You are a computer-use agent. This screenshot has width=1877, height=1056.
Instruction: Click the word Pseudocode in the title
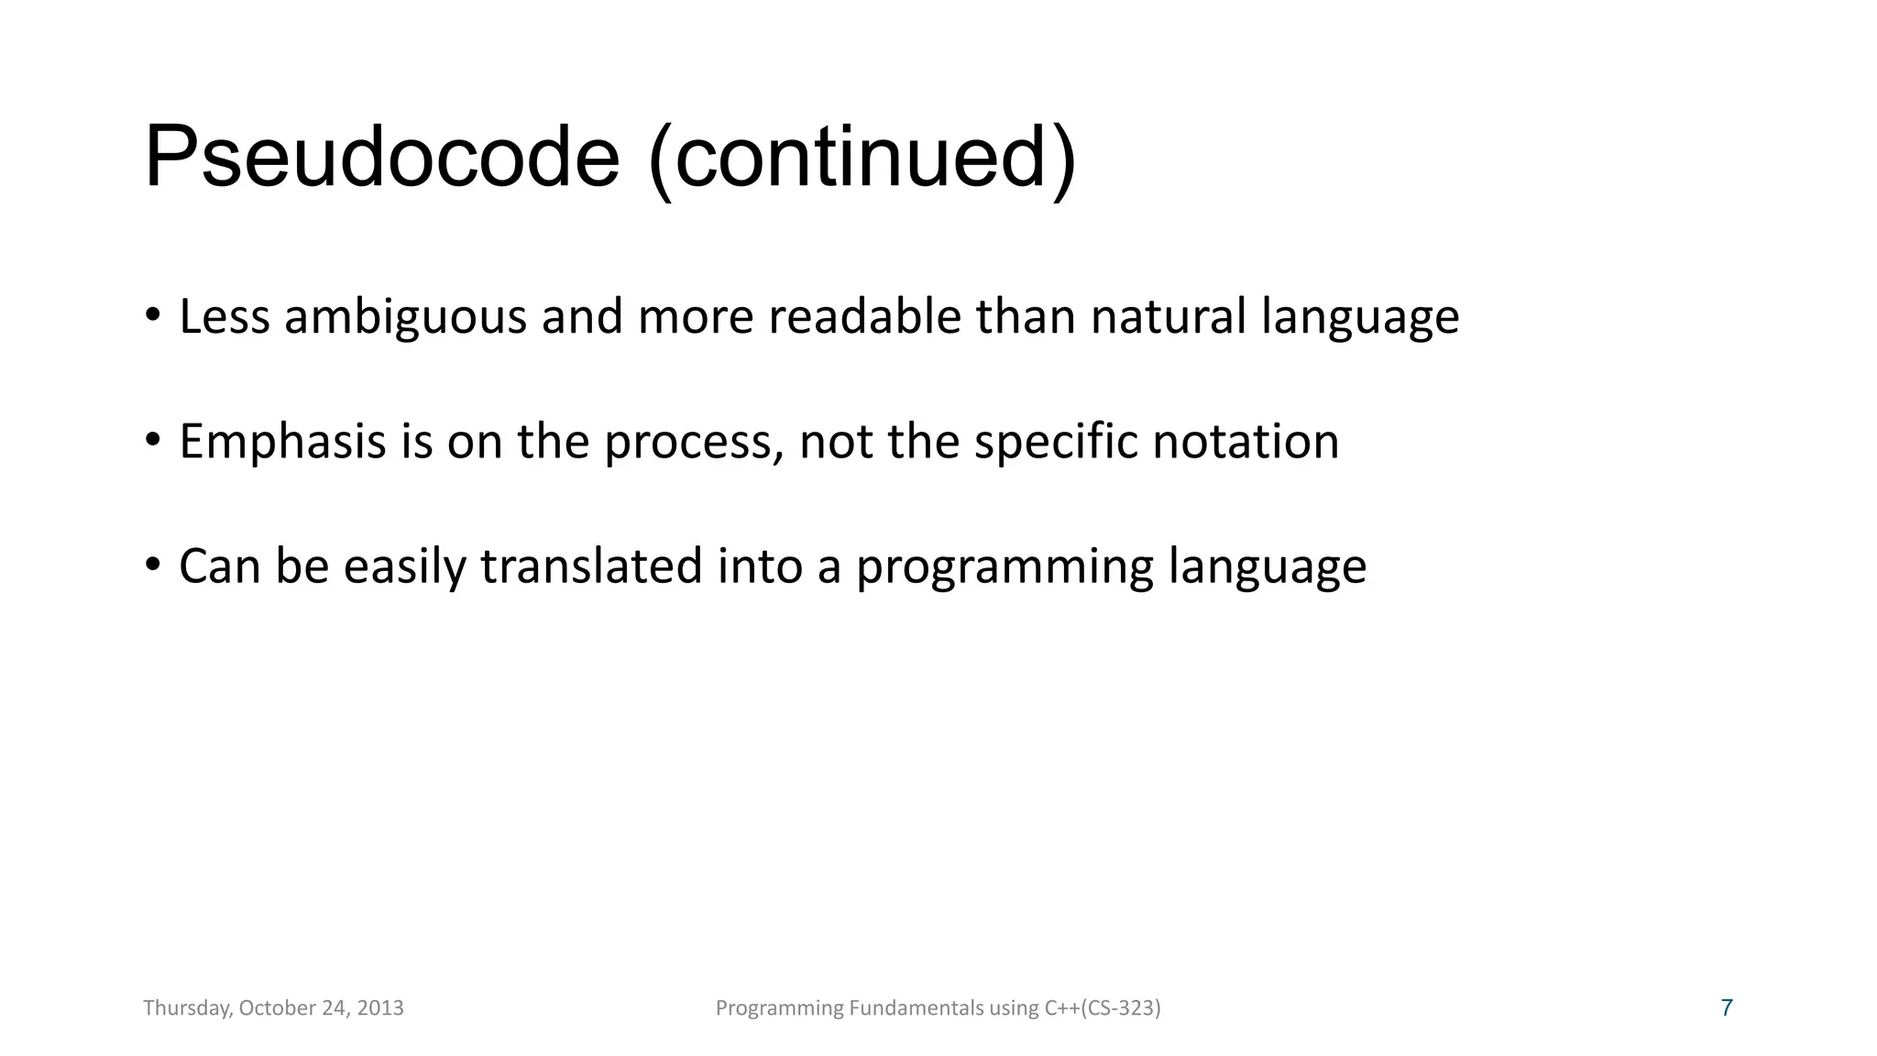[x=381, y=158]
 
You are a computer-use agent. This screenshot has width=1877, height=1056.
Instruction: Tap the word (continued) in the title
[x=862, y=158]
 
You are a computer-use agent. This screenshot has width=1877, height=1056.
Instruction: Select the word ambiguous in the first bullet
[x=405, y=317]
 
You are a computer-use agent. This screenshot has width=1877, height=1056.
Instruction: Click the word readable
[x=864, y=317]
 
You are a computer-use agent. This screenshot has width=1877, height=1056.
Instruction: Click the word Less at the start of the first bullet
[x=224, y=317]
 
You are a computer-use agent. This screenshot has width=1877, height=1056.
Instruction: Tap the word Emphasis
[x=282, y=442]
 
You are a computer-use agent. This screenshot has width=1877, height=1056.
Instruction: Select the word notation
[x=1246, y=442]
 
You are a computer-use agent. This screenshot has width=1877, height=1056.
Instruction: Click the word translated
[x=591, y=566]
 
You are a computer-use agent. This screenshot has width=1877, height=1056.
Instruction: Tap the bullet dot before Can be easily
[x=152, y=564]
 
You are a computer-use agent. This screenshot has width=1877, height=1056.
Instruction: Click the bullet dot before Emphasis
[x=152, y=439]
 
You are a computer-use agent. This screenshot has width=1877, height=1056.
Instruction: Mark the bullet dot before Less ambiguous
[x=152, y=314]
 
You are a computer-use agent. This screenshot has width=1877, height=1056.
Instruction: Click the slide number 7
[x=1727, y=1008]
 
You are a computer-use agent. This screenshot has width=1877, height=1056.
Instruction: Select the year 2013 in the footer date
[x=380, y=1008]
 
